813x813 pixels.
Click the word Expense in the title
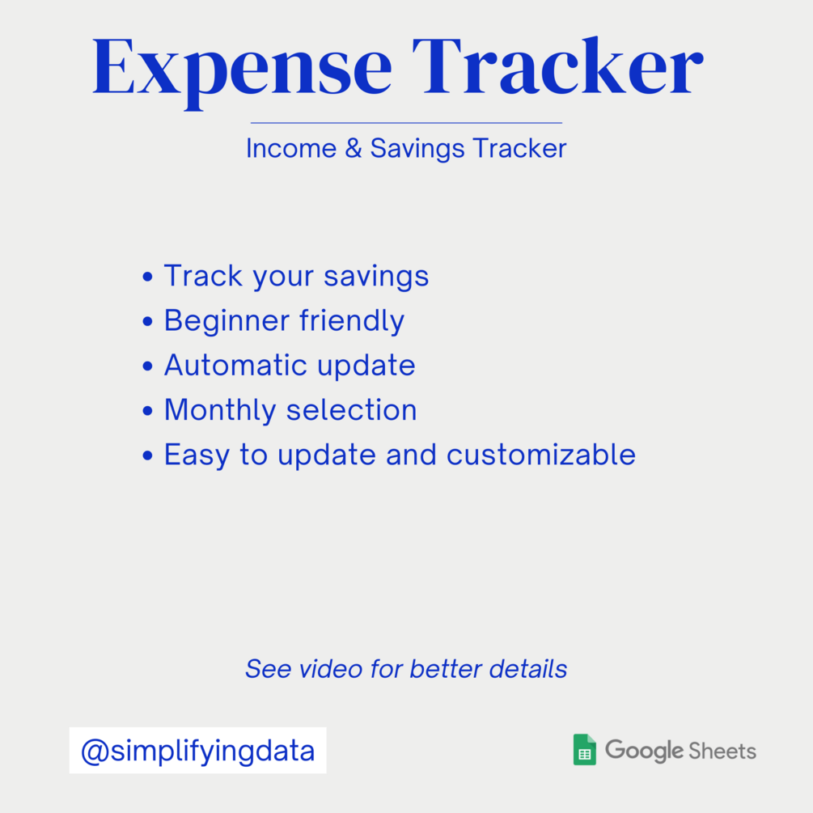[242, 71]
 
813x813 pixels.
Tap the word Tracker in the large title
[558, 66]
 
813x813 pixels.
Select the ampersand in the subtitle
[353, 148]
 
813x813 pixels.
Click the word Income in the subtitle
[291, 148]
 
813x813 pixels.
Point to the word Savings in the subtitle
[417, 150]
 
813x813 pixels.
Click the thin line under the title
[406, 123]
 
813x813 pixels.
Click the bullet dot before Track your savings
[148, 277]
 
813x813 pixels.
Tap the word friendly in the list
[352, 321]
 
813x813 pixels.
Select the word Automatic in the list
[235, 365]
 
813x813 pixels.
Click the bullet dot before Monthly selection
[148, 411]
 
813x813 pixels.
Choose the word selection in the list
[352, 409]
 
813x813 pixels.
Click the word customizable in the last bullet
[541, 455]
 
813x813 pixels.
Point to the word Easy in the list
[197, 456]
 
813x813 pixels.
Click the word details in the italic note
[527, 669]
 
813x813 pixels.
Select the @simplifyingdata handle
[197, 751]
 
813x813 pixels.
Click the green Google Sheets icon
[584, 750]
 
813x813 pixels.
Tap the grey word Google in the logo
[644, 752]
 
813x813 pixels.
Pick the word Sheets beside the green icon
[722, 751]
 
